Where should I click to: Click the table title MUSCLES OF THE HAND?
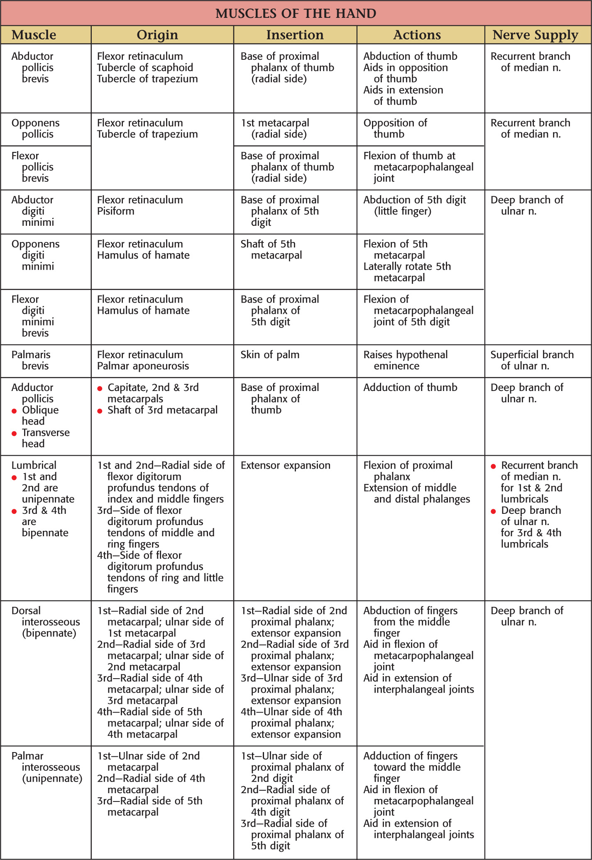[296, 13]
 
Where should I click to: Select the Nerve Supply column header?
[535, 35]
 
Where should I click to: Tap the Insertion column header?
[295, 35]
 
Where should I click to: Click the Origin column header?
[157, 35]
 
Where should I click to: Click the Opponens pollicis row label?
[36, 129]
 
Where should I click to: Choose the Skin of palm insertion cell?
[270, 355]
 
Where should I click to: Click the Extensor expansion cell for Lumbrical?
[286, 465]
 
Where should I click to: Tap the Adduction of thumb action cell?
[410, 387]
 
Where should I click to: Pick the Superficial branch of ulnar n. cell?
[531, 360]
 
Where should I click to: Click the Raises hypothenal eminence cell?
[405, 360]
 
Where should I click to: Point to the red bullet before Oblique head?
[14, 411]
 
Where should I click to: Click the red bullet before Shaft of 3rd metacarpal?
[100, 411]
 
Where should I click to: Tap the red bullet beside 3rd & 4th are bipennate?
[14, 511]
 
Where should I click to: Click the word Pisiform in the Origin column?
[115, 211]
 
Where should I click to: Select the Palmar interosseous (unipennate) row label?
[46, 767]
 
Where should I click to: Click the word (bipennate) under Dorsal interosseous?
[49, 633]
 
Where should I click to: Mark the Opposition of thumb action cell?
[395, 129]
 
